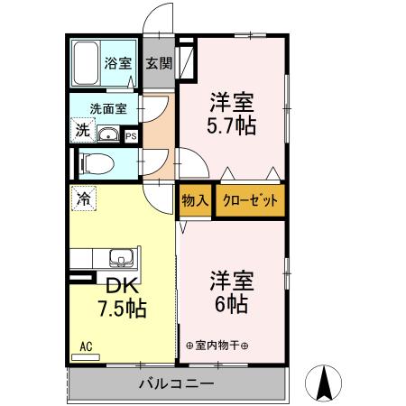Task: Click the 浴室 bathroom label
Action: click(118, 63)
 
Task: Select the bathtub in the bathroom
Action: click(88, 63)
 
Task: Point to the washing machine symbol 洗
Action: click(82, 131)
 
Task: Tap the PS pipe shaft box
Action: click(131, 137)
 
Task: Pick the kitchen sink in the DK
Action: click(121, 258)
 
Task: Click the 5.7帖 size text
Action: click(233, 125)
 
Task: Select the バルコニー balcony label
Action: click(177, 384)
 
